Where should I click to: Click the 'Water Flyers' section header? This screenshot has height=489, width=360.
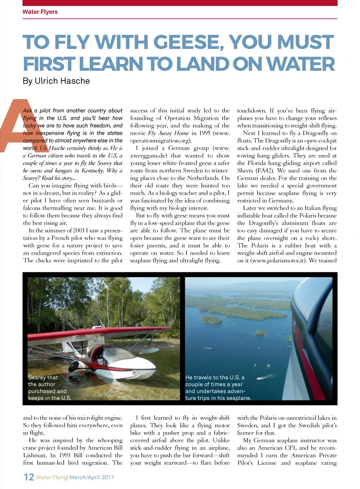point(40,12)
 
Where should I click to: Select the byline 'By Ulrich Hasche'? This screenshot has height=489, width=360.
point(56,81)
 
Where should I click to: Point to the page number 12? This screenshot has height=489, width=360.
point(29,477)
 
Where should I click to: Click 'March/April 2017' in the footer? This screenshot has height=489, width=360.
point(91,477)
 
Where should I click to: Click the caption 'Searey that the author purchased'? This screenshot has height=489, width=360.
point(49,388)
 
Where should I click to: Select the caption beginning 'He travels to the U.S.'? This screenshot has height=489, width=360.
point(218,388)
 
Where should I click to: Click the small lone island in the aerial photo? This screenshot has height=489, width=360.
point(261,332)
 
